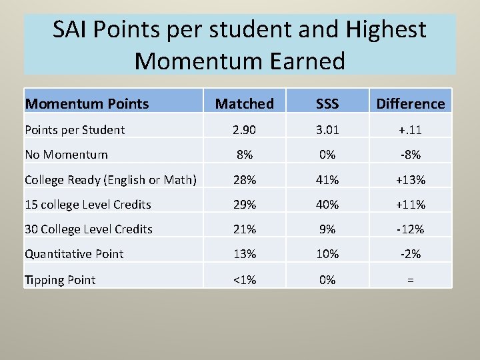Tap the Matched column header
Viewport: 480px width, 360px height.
pyautogui.click(x=244, y=103)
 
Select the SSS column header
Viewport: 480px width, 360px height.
pyautogui.click(x=327, y=103)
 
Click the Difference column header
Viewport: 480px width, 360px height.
pyautogui.click(x=410, y=103)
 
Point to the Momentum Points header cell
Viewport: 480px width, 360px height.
pyautogui.click(x=87, y=103)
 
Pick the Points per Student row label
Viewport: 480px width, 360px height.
pyautogui.click(x=75, y=129)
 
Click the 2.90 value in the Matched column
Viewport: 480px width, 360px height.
pyautogui.click(x=244, y=129)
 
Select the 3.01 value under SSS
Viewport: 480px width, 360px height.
pyautogui.click(x=327, y=129)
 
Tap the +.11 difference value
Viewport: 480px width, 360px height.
pyautogui.click(x=410, y=129)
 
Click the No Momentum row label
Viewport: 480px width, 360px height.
pyautogui.click(x=66, y=154)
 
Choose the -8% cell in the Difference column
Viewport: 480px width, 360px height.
pyautogui.click(x=410, y=154)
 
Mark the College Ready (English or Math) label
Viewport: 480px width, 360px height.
pyautogui.click(x=111, y=179)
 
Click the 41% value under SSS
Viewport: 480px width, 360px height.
pyautogui.click(x=327, y=179)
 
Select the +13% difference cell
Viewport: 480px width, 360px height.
pyautogui.click(x=410, y=179)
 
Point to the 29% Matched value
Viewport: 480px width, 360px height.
pyautogui.click(x=244, y=204)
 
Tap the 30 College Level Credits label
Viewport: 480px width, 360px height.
pyautogui.click(x=89, y=229)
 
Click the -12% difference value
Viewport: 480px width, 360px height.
pyautogui.click(x=410, y=229)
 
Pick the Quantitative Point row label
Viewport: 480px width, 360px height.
pyautogui.click(x=74, y=253)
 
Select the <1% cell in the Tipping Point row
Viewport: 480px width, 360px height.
pyautogui.click(x=244, y=279)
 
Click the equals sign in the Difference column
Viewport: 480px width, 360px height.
pyautogui.click(x=410, y=280)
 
